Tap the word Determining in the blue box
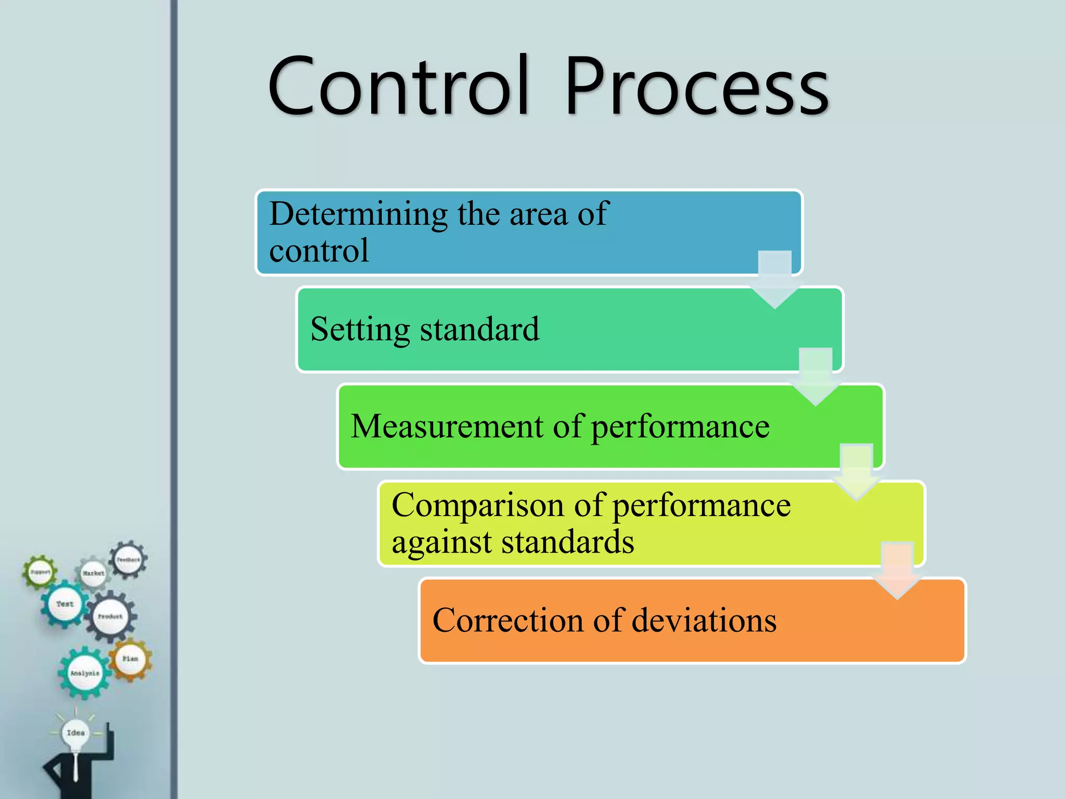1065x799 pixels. [x=358, y=214]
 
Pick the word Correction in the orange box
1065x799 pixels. [x=508, y=620]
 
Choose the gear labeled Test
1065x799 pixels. [x=64, y=604]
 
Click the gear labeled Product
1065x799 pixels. [x=110, y=617]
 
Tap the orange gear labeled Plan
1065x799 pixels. [x=130, y=659]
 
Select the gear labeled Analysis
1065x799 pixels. [x=85, y=673]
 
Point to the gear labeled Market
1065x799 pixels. [x=93, y=573]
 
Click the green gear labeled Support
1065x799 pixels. [x=40, y=572]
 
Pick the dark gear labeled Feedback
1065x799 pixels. [x=128, y=560]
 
